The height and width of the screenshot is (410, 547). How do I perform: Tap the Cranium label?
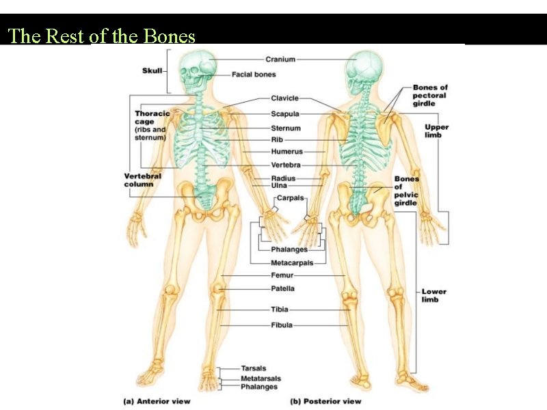click(x=280, y=59)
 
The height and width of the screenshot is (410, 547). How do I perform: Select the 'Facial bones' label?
click(x=254, y=74)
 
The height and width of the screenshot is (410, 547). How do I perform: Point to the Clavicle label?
click(x=284, y=99)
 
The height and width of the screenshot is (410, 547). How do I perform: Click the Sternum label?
click(x=285, y=128)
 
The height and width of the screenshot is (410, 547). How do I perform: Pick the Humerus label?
click(x=286, y=151)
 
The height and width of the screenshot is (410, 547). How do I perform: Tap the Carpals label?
click(x=290, y=198)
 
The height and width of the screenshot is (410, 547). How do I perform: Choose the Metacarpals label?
click(x=292, y=262)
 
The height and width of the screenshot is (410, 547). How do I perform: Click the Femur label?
click(x=282, y=275)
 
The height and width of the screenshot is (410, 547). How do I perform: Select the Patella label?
click(x=283, y=288)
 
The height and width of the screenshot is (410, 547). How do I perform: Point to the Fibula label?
click(x=282, y=325)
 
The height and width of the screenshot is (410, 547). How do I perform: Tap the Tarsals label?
click(x=254, y=369)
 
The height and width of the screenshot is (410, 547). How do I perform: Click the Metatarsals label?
click(x=261, y=379)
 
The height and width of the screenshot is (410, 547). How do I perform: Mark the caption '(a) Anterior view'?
click(x=157, y=401)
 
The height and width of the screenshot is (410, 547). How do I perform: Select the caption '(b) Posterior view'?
click(x=325, y=401)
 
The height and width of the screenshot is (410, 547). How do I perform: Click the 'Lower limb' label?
click(x=433, y=295)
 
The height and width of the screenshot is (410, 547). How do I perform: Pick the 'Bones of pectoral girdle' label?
click(x=430, y=96)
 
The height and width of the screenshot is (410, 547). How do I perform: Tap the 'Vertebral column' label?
click(x=143, y=180)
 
